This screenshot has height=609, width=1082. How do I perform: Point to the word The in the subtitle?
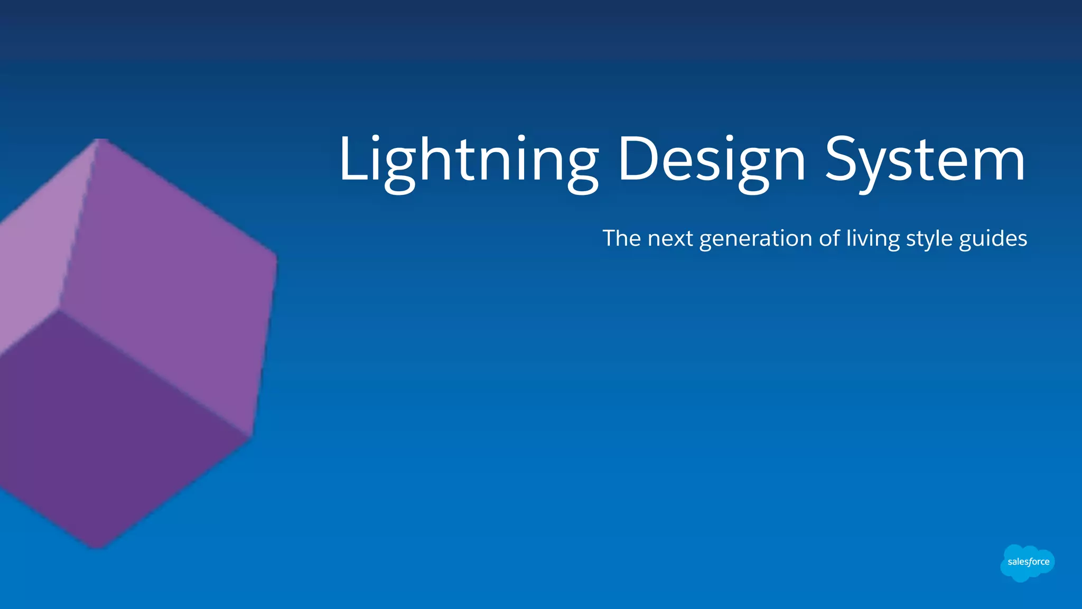[x=621, y=238]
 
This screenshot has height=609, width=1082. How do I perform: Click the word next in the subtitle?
[x=670, y=238]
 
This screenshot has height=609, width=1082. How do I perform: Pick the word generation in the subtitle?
[x=755, y=238]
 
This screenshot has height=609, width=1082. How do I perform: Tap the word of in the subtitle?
[x=828, y=238]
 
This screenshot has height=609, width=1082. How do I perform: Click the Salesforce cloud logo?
[x=1028, y=563]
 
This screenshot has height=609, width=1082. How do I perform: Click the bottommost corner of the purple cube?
[x=98, y=547]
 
